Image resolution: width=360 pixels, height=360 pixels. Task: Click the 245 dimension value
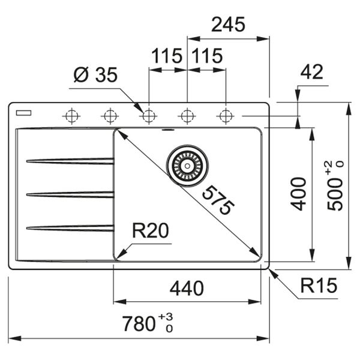pos(228,25)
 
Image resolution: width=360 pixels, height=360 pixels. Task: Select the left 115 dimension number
pos(167,57)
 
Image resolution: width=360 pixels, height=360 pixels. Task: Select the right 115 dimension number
pos(207,57)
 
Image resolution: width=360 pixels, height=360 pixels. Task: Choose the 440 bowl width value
pos(187,289)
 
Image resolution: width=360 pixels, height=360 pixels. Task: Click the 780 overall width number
pos(139,325)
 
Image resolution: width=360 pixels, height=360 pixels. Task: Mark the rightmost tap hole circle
pos(226,115)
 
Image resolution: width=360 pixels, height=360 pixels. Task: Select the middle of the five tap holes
pos(148,115)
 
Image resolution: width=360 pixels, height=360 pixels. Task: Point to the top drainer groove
pos(69,160)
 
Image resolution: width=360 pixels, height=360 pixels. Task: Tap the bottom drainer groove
pos(69,227)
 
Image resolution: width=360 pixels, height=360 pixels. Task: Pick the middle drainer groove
pos(69,194)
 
